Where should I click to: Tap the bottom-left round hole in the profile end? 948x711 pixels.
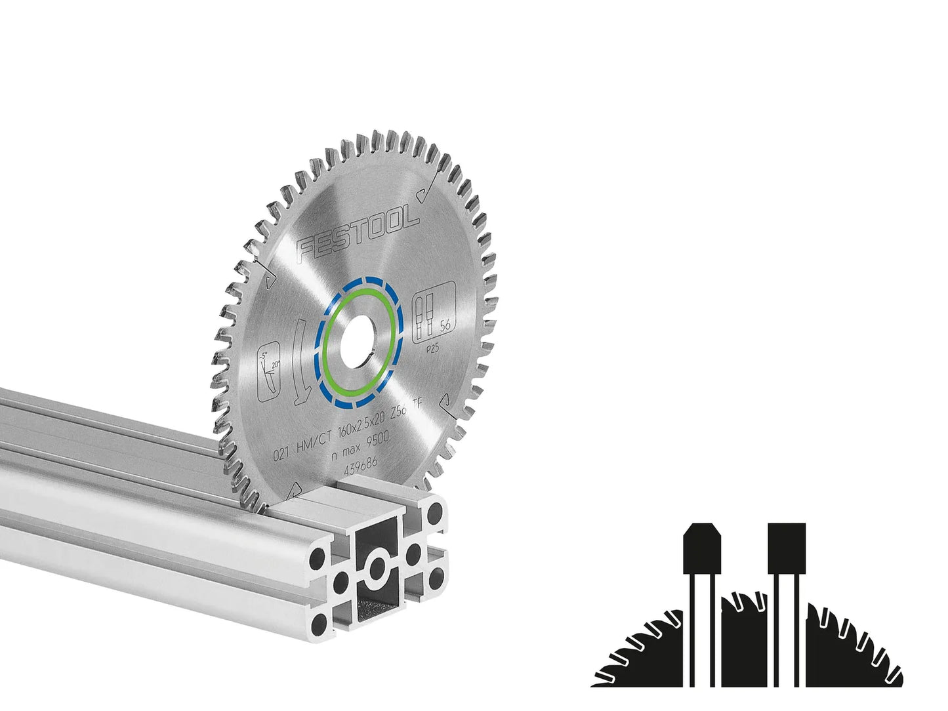[319, 621]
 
